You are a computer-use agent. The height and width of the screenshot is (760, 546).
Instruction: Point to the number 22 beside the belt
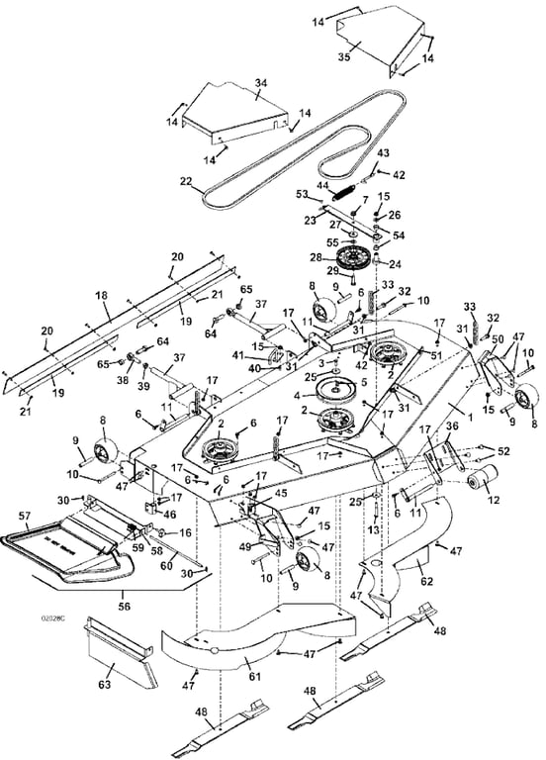tap(186, 181)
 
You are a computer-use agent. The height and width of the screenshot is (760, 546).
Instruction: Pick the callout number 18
tap(100, 295)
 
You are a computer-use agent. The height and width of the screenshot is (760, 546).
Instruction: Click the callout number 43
tap(384, 152)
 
